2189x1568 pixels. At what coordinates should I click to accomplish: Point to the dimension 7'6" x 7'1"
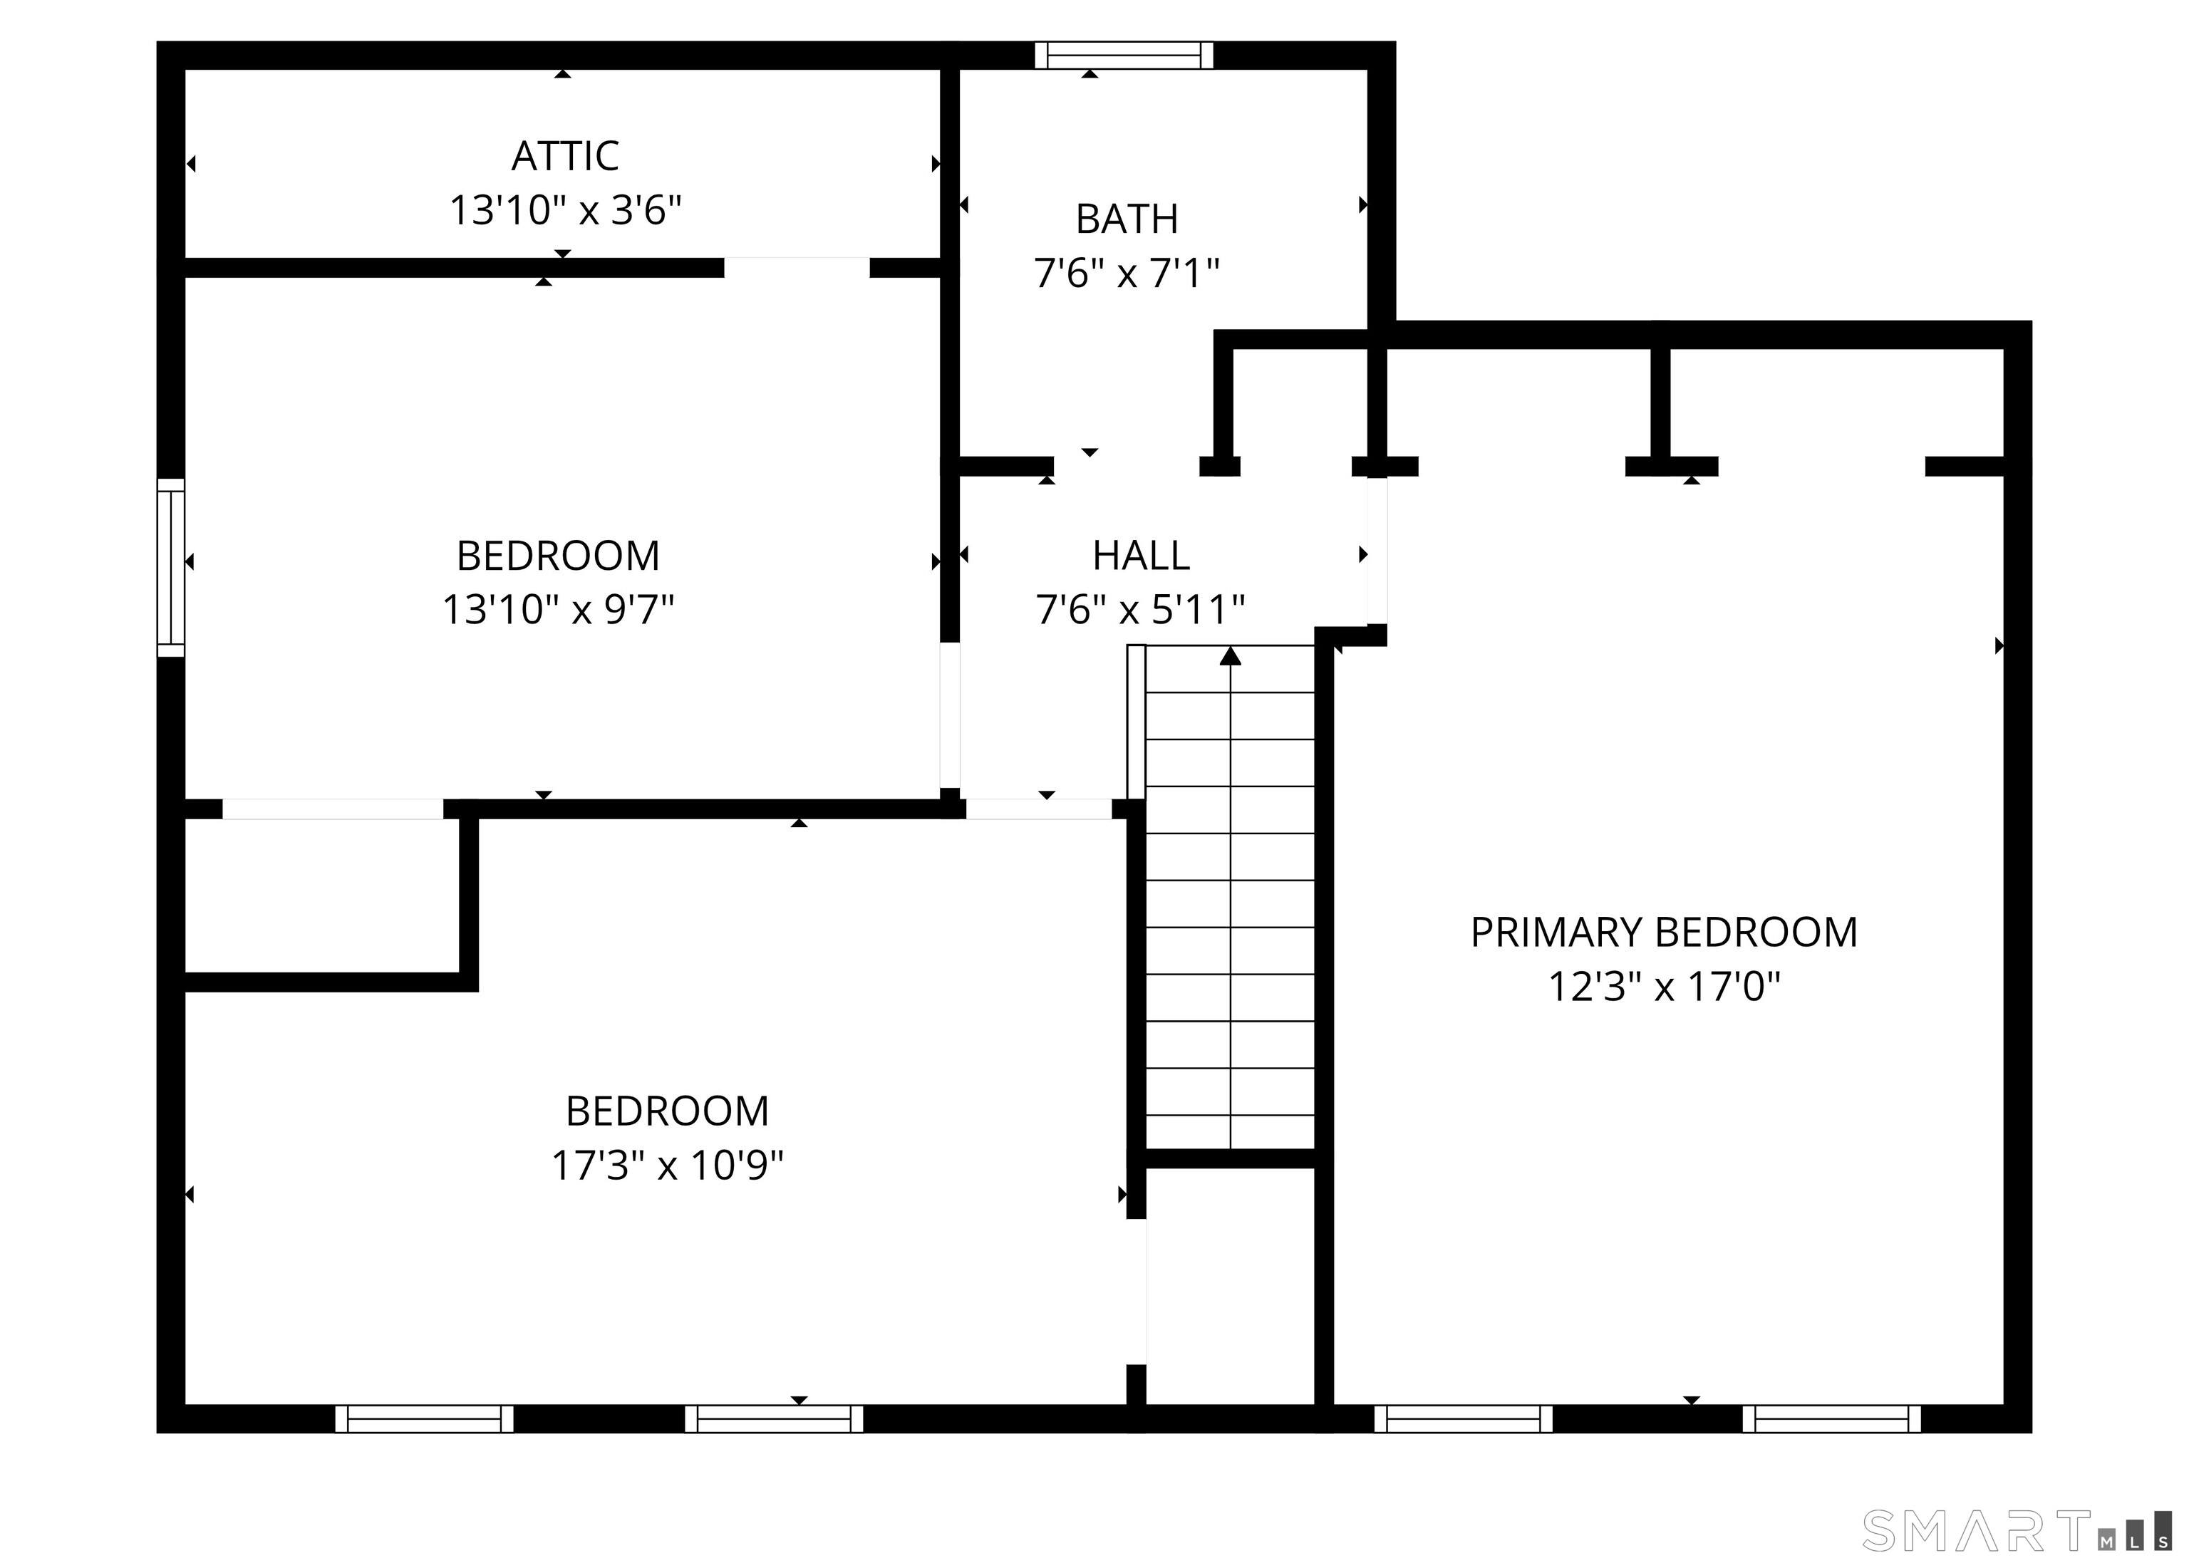(1127, 274)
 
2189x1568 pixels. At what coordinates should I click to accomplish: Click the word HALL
(1140, 556)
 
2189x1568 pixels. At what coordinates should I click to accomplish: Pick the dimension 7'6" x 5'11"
(1140, 610)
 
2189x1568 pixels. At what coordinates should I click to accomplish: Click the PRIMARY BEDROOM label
(1663, 932)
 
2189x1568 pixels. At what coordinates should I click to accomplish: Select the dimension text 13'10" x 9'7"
(557, 610)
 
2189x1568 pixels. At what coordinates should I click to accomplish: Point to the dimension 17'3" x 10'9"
(666, 1165)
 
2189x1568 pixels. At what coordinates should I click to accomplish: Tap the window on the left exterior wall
(171, 567)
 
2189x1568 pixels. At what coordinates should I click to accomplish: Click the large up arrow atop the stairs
(1230, 656)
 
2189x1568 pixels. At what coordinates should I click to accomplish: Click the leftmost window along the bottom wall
(424, 1418)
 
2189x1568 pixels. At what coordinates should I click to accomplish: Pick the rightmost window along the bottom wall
(1831, 1418)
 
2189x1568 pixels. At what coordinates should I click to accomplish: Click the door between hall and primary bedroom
(1377, 551)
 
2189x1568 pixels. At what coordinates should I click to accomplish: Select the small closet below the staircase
(1230, 1283)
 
